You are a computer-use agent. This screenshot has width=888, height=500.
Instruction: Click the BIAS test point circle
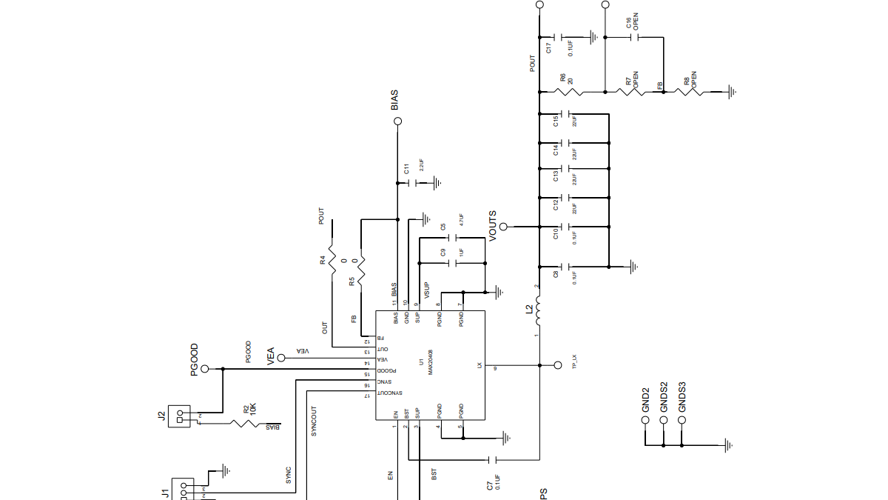(397, 121)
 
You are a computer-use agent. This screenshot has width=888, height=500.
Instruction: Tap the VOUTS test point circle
(503, 227)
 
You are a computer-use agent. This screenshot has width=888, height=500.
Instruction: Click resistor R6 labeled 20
(572, 92)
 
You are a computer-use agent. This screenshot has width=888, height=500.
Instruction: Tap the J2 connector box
(178, 416)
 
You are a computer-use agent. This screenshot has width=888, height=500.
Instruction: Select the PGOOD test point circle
(205, 368)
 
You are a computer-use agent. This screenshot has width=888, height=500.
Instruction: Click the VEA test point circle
(281, 358)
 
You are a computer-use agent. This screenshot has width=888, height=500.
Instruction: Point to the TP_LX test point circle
(557, 365)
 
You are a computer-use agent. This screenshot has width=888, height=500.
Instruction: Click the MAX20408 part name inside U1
(430, 362)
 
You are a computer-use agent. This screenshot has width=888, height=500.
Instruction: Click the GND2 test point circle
(645, 419)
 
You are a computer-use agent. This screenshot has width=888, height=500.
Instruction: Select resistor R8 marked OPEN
(694, 92)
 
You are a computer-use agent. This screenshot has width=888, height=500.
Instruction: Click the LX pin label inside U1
(480, 365)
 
